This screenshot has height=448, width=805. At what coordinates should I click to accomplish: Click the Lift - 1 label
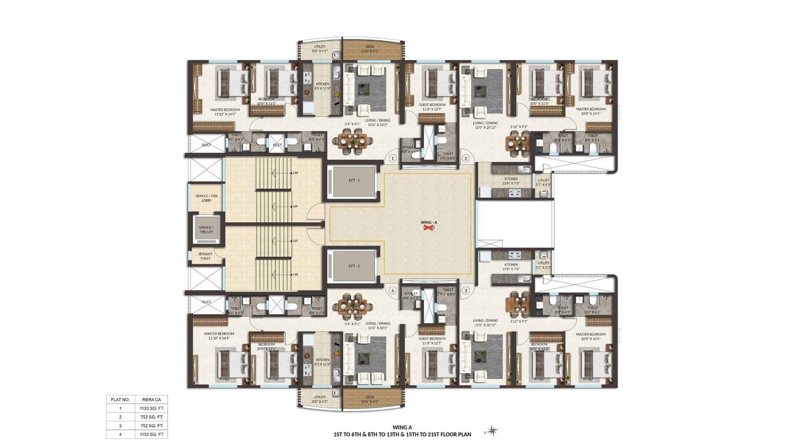pyautogui.click(x=354, y=180)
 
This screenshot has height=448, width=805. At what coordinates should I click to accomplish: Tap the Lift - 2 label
pyautogui.click(x=354, y=266)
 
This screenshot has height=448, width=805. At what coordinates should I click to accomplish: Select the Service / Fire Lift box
pyautogui.click(x=206, y=230)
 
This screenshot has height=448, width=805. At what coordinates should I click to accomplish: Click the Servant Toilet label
pyautogui.click(x=205, y=256)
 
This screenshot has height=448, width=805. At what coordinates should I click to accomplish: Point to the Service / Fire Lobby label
pyautogui.click(x=207, y=198)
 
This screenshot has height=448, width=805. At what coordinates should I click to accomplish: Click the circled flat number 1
pyautogui.click(x=392, y=158)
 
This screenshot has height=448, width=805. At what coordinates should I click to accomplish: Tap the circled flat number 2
pyautogui.click(x=466, y=158)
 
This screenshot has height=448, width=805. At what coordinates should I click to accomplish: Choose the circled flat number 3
pyautogui.click(x=466, y=290)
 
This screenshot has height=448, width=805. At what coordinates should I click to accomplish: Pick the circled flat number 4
pyautogui.click(x=392, y=290)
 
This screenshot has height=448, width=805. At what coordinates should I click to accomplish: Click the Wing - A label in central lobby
pyautogui.click(x=429, y=222)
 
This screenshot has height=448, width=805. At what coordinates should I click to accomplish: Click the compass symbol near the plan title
pyautogui.click(x=493, y=431)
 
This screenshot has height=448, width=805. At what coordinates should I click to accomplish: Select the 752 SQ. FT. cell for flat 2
pyautogui.click(x=152, y=417)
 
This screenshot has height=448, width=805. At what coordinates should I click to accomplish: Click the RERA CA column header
pyautogui.click(x=151, y=400)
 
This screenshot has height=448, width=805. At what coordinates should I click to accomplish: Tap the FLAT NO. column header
pyautogui.click(x=120, y=400)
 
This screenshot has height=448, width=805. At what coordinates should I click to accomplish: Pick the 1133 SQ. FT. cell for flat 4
pyautogui.click(x=152, y=434)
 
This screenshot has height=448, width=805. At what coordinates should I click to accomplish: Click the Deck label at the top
pyautogui.click(x=370, y=47)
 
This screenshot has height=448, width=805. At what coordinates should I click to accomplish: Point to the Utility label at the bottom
pyautogui.click(x=320, y=397)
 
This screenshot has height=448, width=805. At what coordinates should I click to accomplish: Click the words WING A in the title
pyautogui.click(x=402, y=427)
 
